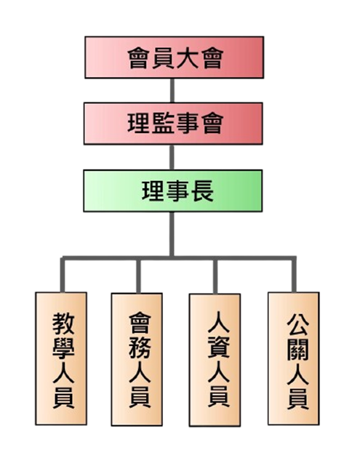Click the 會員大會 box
coord(175,57)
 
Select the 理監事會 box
coord(173,124)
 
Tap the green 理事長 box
coord(173,191)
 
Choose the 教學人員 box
coord(61,358)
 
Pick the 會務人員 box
coord(137,359)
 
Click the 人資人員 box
coord(215,360)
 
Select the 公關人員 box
coord(294,358)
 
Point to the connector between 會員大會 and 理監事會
coord(172,90)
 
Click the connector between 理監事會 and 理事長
coord(172,157)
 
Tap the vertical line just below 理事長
coord(172,234)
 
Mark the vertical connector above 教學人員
coord(63,275)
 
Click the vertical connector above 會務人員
coord(138,276)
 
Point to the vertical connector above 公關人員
coord(294,275)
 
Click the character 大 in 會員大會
coord(187,58)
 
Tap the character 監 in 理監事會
coord(162,124)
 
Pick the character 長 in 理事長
coord(202,191)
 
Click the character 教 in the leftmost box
coord(63,324)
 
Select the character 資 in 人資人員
coord(218,347)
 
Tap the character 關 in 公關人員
coord(297,349)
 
